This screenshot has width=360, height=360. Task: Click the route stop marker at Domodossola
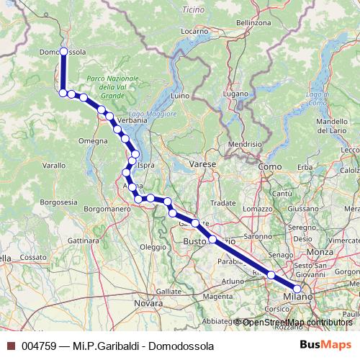coord(63,52)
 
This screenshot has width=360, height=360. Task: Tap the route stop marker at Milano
coord(298,289)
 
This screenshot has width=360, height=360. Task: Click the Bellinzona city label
coord(253,22)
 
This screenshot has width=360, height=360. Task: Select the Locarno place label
coord(194,32)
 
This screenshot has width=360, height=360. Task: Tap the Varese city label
coord(203,165)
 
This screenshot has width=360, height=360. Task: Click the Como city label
coord(270,166)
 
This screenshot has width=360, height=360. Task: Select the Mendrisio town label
coord(245,144)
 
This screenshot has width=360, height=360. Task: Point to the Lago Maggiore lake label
coord(152,114)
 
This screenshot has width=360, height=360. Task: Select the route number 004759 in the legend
coord(39,346)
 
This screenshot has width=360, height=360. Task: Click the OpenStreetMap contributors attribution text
coord(297,322)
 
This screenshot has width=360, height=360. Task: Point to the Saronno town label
coord(258,235)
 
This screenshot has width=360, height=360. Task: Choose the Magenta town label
coord(218,296)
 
